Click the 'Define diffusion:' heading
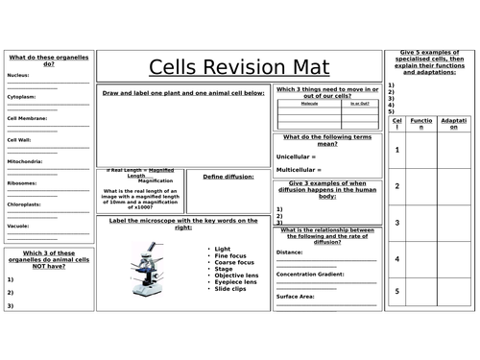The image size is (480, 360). (228, 177)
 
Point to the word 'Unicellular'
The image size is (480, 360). (296, 156)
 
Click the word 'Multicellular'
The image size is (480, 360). (299, 170)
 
